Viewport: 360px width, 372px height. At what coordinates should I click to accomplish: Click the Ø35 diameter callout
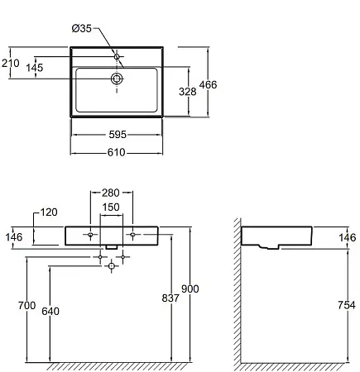tap(82, 28)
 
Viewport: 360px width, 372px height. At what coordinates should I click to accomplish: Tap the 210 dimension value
tap(11, 63)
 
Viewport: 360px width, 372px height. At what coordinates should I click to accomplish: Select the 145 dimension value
tap(35, 68)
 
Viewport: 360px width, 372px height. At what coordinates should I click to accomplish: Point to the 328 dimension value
tap(188, 92)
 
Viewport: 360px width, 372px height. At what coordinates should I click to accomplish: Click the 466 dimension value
tap(208, 84)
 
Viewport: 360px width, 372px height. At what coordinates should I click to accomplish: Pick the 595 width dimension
tap(118, 135)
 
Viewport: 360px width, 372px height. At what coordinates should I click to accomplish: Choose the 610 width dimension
tap(117, 152)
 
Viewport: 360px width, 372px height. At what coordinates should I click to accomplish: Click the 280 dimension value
tap(111, 193)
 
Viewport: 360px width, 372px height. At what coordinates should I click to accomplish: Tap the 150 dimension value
tap(111, 207)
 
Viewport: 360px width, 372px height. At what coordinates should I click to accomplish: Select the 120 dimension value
tap(49, 212)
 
